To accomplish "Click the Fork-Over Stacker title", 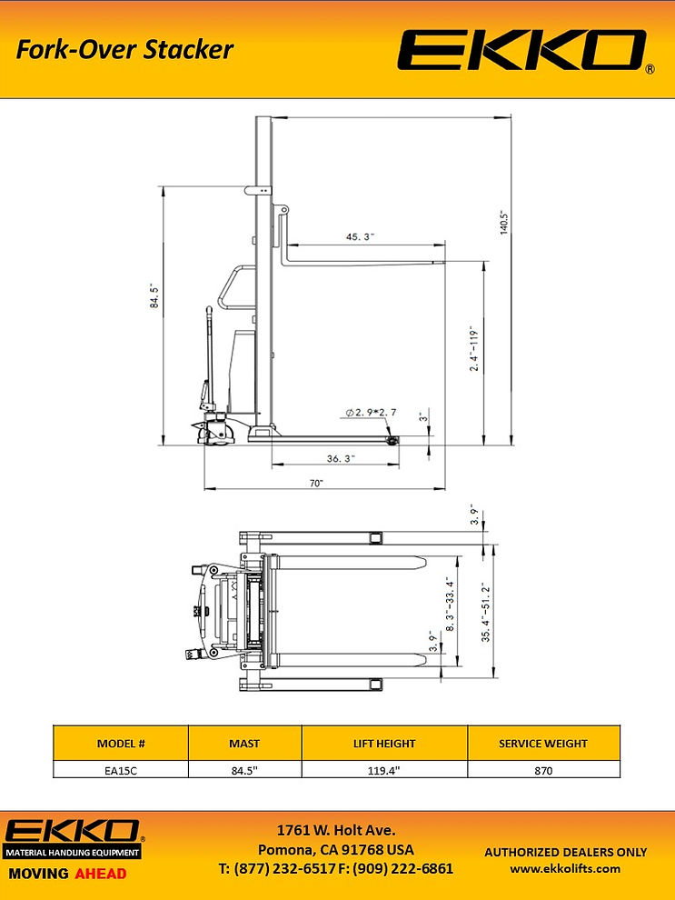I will click(x=124, y=49).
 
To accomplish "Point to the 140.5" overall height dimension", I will click(x=502, y=223).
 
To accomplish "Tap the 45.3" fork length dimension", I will click(x=361, y=236).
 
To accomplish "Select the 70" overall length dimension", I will click(x=316, y=484).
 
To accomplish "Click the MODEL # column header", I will click(x=121, y=743).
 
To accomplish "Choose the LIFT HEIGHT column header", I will click(x=384, y=743).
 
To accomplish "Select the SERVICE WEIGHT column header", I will click(x=543, y=743).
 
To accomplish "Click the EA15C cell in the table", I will click(x=121, y=769).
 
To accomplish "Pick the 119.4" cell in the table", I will click(x=384, y=769).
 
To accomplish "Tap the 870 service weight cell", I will click(x=543, y=769).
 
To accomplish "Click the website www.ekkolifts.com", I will click(x=565, y=868).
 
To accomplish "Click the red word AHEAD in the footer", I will click(x=101, y=874).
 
